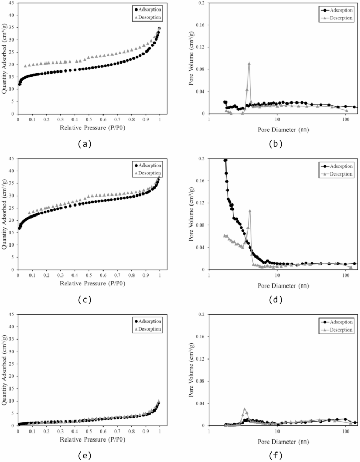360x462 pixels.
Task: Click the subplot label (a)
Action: pos(84,143)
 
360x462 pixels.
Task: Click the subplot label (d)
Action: pos(275,300)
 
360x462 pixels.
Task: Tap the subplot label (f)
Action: pos(275,455)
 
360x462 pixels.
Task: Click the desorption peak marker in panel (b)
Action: pos(249,64)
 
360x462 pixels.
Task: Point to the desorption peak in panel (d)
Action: pos(250,211)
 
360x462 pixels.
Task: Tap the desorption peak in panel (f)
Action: pos(245,409)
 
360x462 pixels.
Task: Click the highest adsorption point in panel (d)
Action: pos(225,160)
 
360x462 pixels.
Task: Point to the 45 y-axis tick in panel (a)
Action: pos(12,3)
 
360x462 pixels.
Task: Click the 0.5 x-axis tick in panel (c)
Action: pos(89,275)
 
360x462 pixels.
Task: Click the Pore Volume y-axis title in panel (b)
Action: pos(192,58)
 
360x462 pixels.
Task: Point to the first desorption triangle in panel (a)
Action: pos(25,66)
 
